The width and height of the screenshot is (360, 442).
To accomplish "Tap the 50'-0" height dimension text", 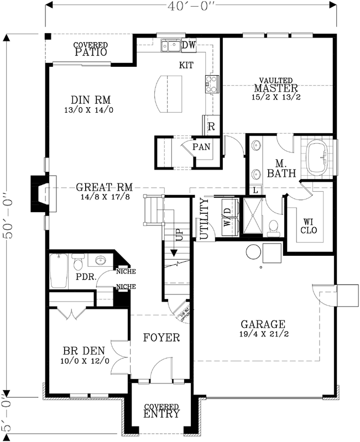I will [x=7, y=215].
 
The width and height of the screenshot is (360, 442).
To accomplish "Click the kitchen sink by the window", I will [x=170, y=46].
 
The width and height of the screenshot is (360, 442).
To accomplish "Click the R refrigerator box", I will [x=211, y=126].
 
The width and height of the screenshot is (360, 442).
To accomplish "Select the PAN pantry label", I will [x=201, y=148].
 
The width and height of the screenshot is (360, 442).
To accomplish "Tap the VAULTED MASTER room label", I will [x=276, y=88].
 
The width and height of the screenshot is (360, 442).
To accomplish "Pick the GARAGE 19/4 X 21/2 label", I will [x=262, y=328].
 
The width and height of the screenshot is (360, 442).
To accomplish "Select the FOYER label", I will [x=161, y=337].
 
